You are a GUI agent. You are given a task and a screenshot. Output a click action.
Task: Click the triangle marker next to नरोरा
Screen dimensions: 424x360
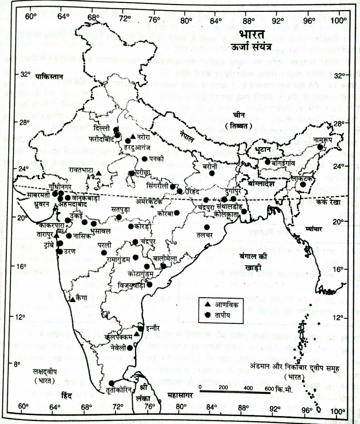(133, 136)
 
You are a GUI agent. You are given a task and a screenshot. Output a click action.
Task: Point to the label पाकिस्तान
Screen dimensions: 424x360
(49, 77)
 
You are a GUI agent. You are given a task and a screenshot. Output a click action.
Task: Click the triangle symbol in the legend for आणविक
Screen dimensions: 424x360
(207, 305)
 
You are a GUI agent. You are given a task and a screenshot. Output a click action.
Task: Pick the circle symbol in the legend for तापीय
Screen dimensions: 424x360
(207, 314)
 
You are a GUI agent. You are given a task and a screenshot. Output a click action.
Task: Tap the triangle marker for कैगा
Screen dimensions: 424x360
(73, 300)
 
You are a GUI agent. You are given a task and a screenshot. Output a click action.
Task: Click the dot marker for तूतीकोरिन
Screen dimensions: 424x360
(112, 383)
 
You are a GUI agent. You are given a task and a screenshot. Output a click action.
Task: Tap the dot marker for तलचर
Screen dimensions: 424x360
(207, 227)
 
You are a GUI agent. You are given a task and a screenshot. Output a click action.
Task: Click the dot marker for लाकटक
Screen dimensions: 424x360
(303, 184)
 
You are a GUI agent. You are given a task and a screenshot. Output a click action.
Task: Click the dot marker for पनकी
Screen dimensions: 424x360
(145, 159)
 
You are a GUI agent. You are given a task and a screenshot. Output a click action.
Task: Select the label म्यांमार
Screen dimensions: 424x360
(313, 229)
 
